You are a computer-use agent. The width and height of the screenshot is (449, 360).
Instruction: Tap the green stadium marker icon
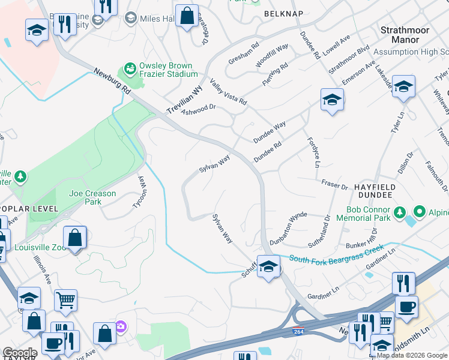click(129, 70)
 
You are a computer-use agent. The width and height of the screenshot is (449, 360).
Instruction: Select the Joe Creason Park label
click(93, 198)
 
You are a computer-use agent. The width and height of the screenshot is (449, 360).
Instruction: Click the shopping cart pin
click(66, 299)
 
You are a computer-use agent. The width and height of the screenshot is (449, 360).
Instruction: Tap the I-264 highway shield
click(298, 331)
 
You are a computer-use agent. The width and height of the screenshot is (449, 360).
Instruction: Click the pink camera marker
click(121, 326)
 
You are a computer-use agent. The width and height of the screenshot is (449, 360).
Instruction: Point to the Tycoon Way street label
click(143, 191)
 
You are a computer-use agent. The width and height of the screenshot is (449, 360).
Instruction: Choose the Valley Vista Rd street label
click(228, 91)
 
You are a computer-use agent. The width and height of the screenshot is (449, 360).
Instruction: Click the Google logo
click(20, 353)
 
